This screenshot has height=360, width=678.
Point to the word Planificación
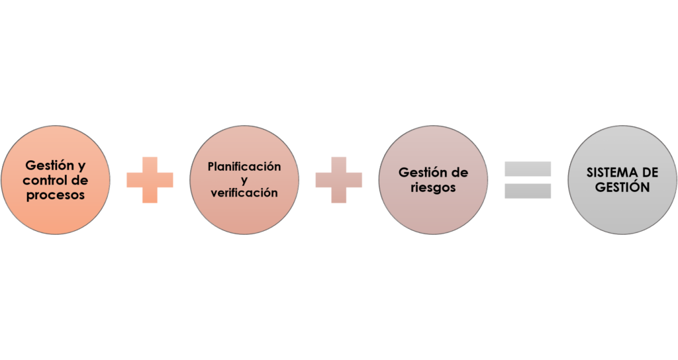[x=244, y=166]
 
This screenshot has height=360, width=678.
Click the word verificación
[x=244, y=193]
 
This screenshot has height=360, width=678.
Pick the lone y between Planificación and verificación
[x=244, y=179]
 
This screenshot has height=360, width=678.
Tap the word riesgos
[x=433, y=187]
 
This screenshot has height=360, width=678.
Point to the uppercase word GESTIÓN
[x=622, y=187]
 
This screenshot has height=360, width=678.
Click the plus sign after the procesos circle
[x=150, y=179]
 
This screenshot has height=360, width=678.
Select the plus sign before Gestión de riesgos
[x=339, y=179]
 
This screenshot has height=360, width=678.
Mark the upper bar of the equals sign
[x=528, y=169]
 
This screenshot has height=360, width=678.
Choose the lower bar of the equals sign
[x=528, y=191]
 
